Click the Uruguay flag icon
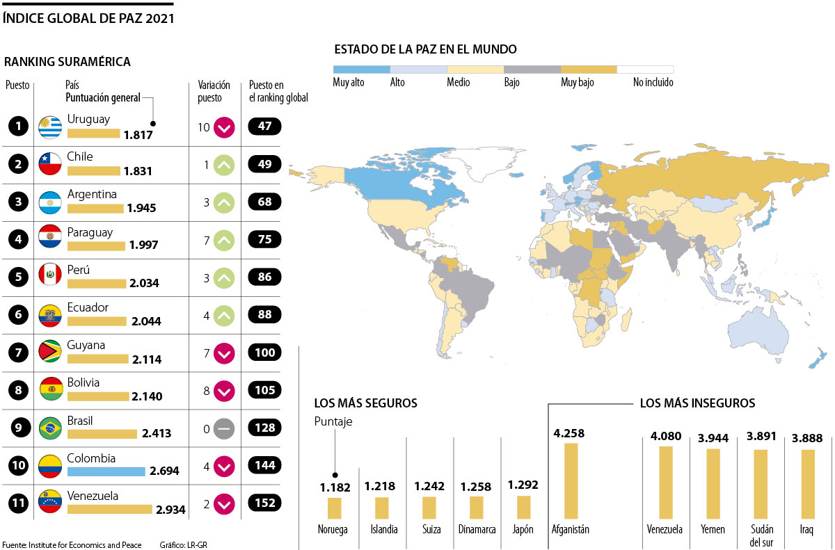(x=50, y=127)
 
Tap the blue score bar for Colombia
(x=106, y=471)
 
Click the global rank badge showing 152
(x=264, y=503)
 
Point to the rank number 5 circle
(x=17, y=277)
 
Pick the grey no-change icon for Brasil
(x=224, y=428)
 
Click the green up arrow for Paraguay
(x=224, y=241)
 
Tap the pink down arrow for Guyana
(x=224, y=353)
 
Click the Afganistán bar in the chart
(x=571, y=480)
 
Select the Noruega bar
(x=335, y=508)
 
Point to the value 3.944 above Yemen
(x=713, y=438)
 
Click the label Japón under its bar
(x=523, y=529)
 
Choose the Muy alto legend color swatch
(x=361, y=70)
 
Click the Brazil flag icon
(x=50, y=428)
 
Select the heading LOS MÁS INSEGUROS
(x=697, y=403)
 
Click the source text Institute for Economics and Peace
(x=85, y=544)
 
